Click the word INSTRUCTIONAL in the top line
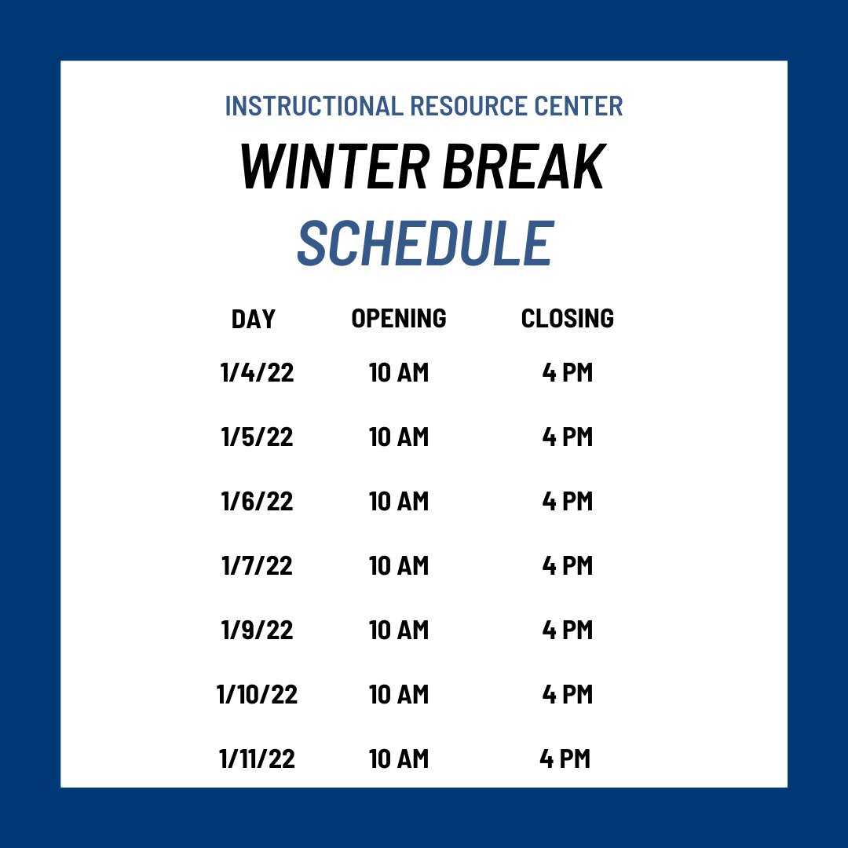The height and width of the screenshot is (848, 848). [x=312, y=106]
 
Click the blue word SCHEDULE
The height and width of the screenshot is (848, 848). [x=425, y=243]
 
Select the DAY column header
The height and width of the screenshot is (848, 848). [x=254, y=319]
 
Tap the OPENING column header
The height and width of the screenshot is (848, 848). [x=399, y=318]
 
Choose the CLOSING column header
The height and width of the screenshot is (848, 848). [x=567, y=318]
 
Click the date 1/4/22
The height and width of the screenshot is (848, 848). [x=258, y=372]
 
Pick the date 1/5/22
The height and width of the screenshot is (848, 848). [x=258, y=437]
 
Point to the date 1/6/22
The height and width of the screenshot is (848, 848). [x=258, y=501]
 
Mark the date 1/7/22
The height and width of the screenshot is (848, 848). [x=258, y=565]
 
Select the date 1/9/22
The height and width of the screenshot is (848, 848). [x=258, y=630]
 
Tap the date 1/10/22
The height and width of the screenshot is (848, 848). [x=258, y=694]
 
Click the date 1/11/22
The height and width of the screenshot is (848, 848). [x=258, y=758]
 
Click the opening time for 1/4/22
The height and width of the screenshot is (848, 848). [x=399, y=372]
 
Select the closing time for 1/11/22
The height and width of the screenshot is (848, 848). [x=565, y=758]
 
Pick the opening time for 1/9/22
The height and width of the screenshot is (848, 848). [x=399, y=630]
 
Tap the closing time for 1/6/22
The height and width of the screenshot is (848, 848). [x=567, y=501]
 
